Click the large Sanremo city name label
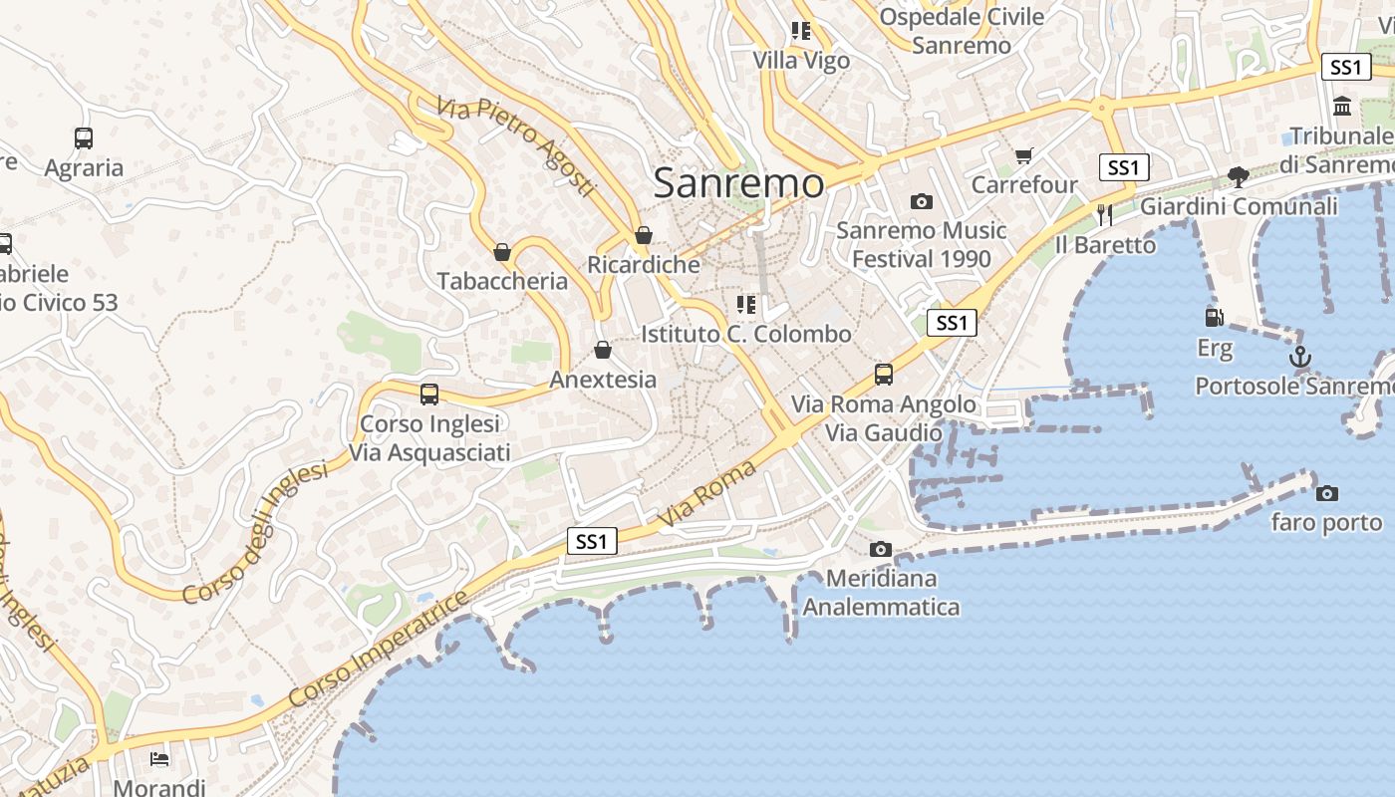point(738,183)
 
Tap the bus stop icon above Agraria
point(84,138)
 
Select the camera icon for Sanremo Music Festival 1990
point(922,201)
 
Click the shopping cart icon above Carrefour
point(1023,155)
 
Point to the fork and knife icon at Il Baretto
point(1104,214)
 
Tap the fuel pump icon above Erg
point(1214,318)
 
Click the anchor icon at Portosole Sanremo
point(1299,356)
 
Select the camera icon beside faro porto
point(1326,493)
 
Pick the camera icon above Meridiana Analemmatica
point(880,549)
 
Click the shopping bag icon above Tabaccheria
point(502,252)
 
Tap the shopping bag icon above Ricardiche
point(644,235)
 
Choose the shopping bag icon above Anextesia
point(602,350)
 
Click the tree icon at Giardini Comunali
point(1239,177)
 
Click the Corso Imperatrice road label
point(380,650)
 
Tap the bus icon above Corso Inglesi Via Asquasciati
point(429,394)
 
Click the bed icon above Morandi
point(159,759)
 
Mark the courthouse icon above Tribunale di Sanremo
point(1342,107)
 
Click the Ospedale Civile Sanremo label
point(962,31)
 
